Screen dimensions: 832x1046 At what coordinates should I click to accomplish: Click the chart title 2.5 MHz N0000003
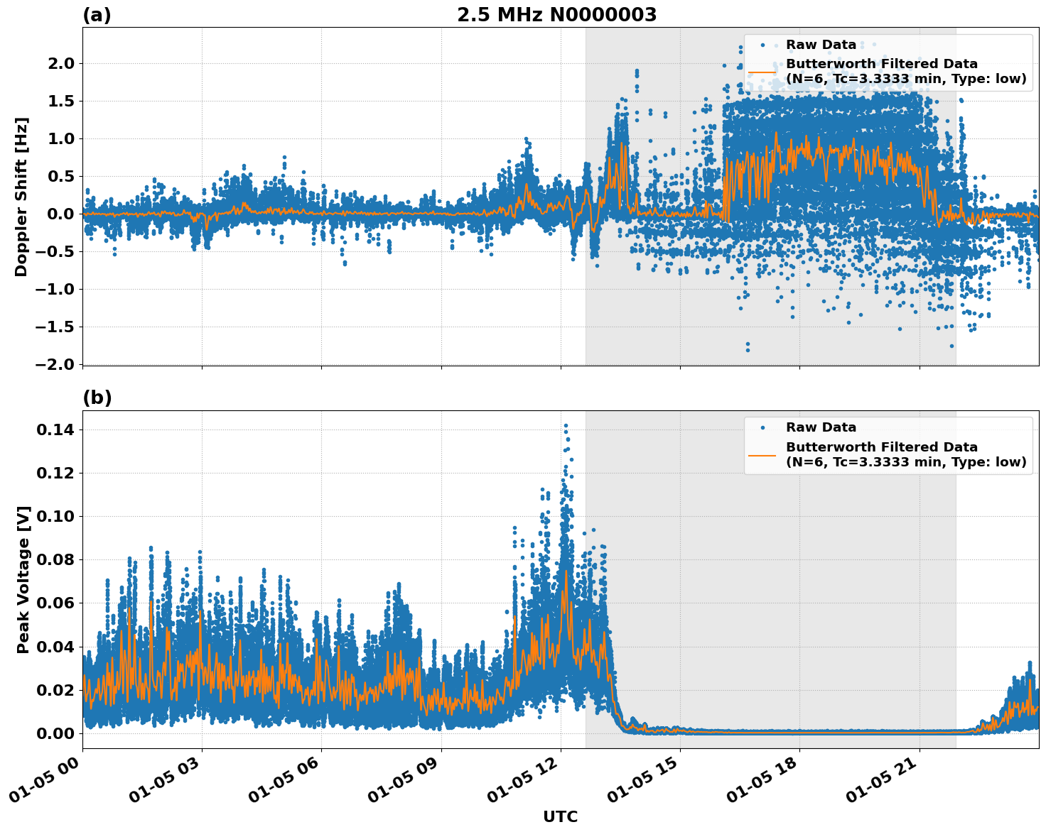tap(556, 15)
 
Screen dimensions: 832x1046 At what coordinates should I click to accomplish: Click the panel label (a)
tap(97, 15)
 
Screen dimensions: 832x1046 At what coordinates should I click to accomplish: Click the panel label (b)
tap(97, 398)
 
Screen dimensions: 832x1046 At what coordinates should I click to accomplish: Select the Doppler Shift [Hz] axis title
tap(21, 197)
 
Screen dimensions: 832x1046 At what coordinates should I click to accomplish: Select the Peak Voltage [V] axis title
tap(23, 579)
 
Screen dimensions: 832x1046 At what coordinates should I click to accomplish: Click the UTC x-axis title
tap(560, 816)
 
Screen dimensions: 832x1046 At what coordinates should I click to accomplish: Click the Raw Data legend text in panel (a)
tap(821, 45)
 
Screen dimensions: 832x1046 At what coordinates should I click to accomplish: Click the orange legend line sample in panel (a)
tap(762, 72)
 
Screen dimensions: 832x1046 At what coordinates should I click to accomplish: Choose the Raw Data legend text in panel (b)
tap(821, 427)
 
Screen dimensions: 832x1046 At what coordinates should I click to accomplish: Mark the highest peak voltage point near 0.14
tap(566, 425)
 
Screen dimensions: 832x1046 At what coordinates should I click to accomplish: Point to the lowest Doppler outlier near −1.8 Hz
tap(748, 349)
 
